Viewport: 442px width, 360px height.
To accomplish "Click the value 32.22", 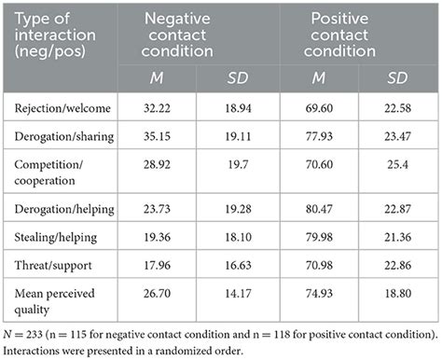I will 150,109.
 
